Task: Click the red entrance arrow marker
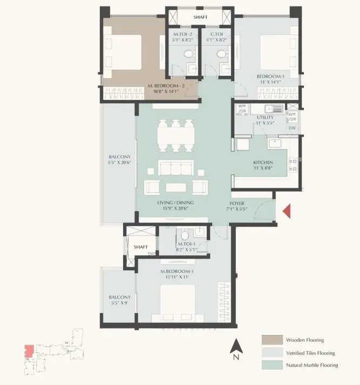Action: point(288,211)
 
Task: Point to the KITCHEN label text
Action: point(263,163)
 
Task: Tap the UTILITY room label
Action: point(265,117)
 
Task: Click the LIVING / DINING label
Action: point(175,203)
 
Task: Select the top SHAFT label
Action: point(200,17)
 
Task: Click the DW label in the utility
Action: point(292,128)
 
